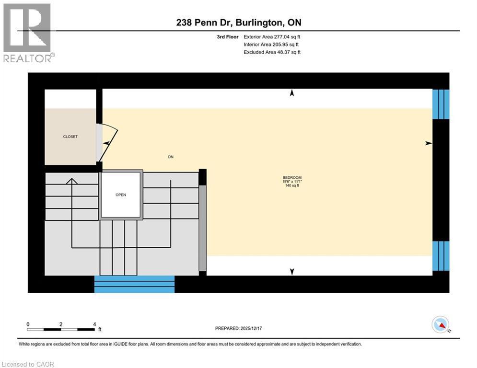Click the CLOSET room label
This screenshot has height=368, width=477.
[70, 137]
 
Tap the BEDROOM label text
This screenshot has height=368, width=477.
[292, 178]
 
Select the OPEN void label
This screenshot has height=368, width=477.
[120, 195]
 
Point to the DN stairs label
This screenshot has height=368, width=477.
[170, 156]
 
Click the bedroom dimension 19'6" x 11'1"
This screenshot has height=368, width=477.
[292, 182]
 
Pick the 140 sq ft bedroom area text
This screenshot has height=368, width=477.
[292, 185]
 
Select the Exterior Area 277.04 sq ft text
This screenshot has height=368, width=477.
[272, 36]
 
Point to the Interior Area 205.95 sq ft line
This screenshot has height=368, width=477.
[272, 44]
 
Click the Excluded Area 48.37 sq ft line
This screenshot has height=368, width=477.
[272, 52]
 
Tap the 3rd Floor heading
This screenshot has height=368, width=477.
[228, 36]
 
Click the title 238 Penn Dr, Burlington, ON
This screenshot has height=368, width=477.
[238, 23]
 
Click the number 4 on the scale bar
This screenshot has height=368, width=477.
[94, 324]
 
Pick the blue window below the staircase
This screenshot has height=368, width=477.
[134, 284]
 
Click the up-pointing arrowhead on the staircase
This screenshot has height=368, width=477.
[72, 181]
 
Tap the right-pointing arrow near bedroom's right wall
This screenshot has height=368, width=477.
[429, 143]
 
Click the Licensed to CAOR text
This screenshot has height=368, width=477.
[28, 364]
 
